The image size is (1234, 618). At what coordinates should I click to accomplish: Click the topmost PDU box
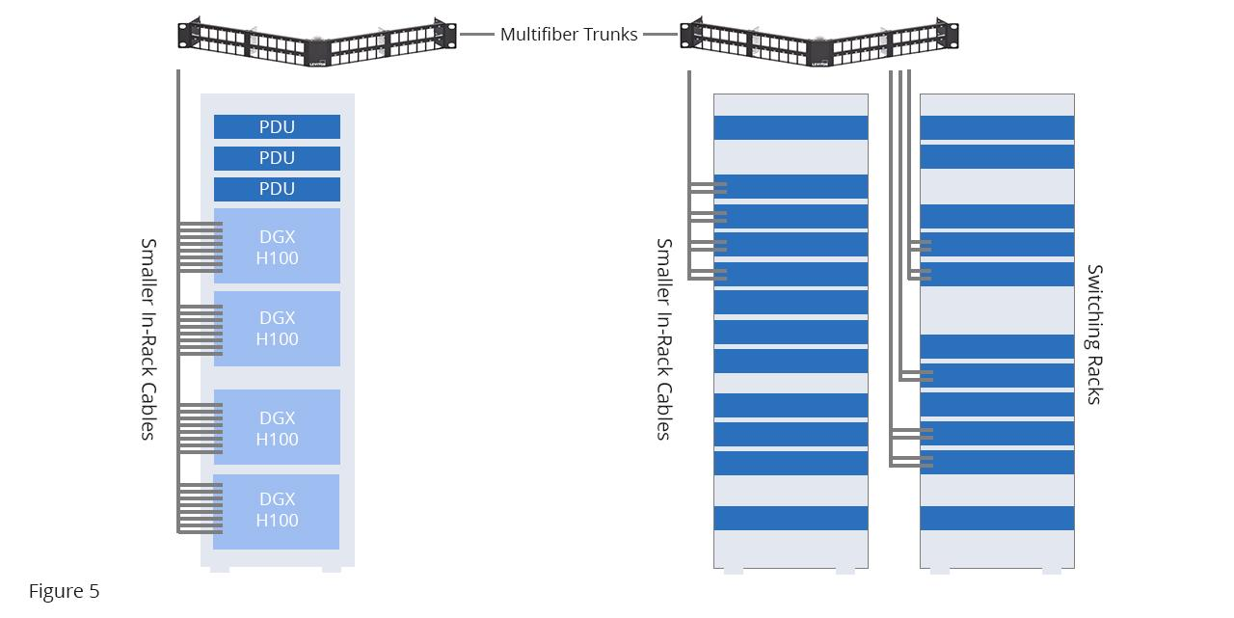click(x=277, y=127)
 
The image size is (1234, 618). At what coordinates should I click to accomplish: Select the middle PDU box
click(x=277, y=158)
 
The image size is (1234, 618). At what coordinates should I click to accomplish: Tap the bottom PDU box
click(x=277, y=189)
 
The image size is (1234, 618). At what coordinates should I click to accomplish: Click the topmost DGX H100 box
click(x=277, y=246)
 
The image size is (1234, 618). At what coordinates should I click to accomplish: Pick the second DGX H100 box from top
click(x=277, y=328)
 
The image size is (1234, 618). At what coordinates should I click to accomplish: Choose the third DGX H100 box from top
click(x=277, y=427)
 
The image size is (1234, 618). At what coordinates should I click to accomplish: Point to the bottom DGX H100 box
click(x=277, y=510)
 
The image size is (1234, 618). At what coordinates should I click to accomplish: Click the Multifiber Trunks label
click(x=569, y=35)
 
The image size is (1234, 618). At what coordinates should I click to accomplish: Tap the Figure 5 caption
click(x=64, y=591)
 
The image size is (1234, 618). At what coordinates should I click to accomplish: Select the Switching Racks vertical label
click(x=1094, y=335)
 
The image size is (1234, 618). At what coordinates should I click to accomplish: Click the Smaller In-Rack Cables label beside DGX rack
click(x=148, y=338)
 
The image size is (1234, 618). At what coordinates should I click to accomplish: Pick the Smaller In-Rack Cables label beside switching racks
click(x=663, y=338)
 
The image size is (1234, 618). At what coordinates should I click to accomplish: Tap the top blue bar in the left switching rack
click(x=791, y=128)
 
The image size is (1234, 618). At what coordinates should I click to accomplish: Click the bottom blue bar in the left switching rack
click(x=791, y=518)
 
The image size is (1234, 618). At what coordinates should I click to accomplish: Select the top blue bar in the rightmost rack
click(x=997, y=128)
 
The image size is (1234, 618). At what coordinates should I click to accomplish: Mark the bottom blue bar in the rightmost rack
click(x=997, y=518)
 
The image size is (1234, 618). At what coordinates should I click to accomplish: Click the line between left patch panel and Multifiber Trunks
click(x=476, y=35)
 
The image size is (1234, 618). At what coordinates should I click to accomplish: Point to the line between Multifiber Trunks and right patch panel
click(x=660, y=35)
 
